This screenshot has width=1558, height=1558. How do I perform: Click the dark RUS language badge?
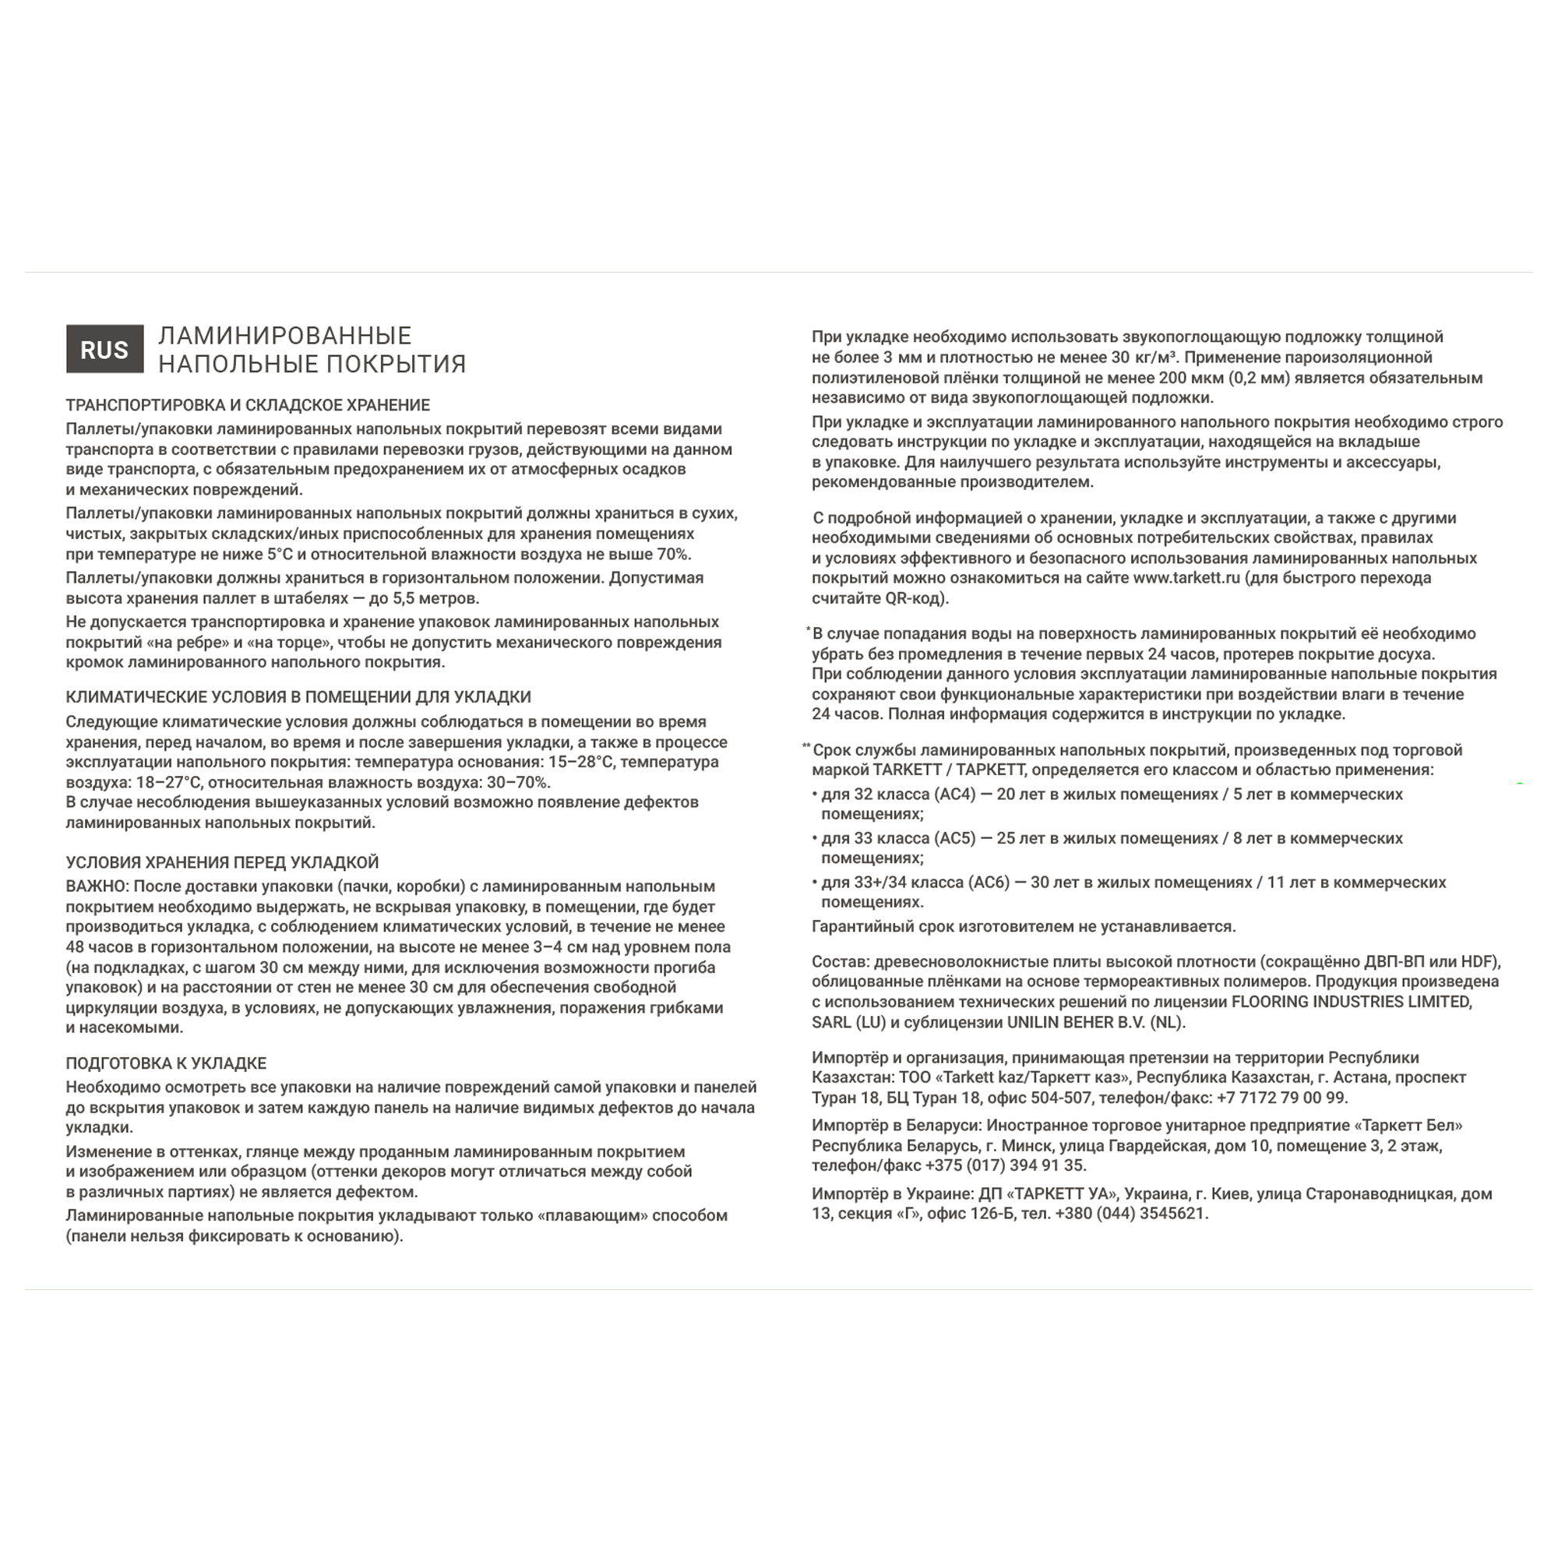pos(105,349)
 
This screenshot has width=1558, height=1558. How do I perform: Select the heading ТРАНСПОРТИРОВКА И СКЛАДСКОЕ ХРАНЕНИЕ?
pos(248,405)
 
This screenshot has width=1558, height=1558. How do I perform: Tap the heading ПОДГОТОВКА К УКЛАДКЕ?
pos(166,1063)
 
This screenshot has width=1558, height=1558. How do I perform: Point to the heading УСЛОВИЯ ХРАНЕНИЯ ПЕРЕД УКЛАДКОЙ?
pos(222,862)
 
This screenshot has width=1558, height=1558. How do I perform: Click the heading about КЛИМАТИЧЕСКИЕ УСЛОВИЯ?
pos(298,696)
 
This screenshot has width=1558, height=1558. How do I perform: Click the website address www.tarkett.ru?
pos(1186,578)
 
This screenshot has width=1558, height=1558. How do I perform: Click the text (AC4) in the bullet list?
pos(957,795)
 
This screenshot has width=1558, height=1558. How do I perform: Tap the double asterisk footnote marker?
pos(806,747)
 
